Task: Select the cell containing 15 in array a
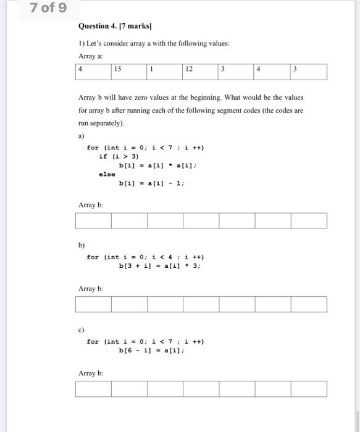(129, 72)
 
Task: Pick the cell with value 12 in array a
(201, 72)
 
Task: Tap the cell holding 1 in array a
(165, 72)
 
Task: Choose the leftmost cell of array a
(93, 72)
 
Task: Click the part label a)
(82, 135)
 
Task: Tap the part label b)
(82, 245)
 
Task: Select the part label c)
(82, 330)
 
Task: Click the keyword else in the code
(107, 174)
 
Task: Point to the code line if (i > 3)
(119, 156)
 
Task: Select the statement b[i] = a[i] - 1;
(151, 183)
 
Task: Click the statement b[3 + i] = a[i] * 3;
(160, 267)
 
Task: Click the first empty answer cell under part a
(93, 220)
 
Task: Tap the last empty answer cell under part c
(309, 389)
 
